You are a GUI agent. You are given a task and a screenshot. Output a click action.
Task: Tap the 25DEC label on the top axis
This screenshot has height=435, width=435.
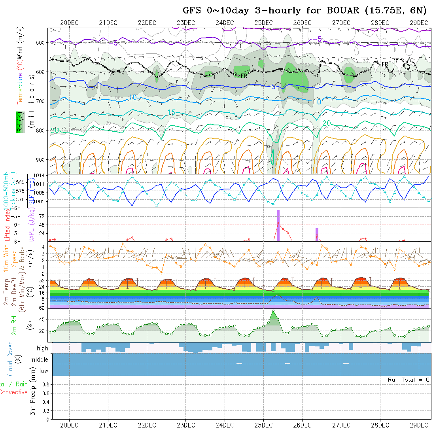click(x=263, y=23)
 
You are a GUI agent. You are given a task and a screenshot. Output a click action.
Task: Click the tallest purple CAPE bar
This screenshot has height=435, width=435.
click(x=278, y=225)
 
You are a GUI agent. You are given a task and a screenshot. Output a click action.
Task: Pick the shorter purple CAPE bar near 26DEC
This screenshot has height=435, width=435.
click(x=317, y=235)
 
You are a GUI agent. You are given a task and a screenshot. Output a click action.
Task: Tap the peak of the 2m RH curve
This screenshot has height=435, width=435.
click(x=273, y=311)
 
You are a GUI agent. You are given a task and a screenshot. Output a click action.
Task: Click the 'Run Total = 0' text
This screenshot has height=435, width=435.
click(x=409, y=380)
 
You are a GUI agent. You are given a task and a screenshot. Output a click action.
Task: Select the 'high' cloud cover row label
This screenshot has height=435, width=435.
click(x=42, y=348)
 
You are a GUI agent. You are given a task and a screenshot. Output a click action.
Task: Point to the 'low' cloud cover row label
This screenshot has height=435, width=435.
click(x=43, y=371)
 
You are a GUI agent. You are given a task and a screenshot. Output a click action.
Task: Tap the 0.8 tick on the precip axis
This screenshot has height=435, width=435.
click(x=45, y=384)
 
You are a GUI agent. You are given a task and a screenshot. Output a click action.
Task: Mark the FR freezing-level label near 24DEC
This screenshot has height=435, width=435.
click(x=244, y=76)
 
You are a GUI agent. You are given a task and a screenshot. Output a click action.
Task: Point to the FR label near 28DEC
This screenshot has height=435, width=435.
click(x=384, y=64)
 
